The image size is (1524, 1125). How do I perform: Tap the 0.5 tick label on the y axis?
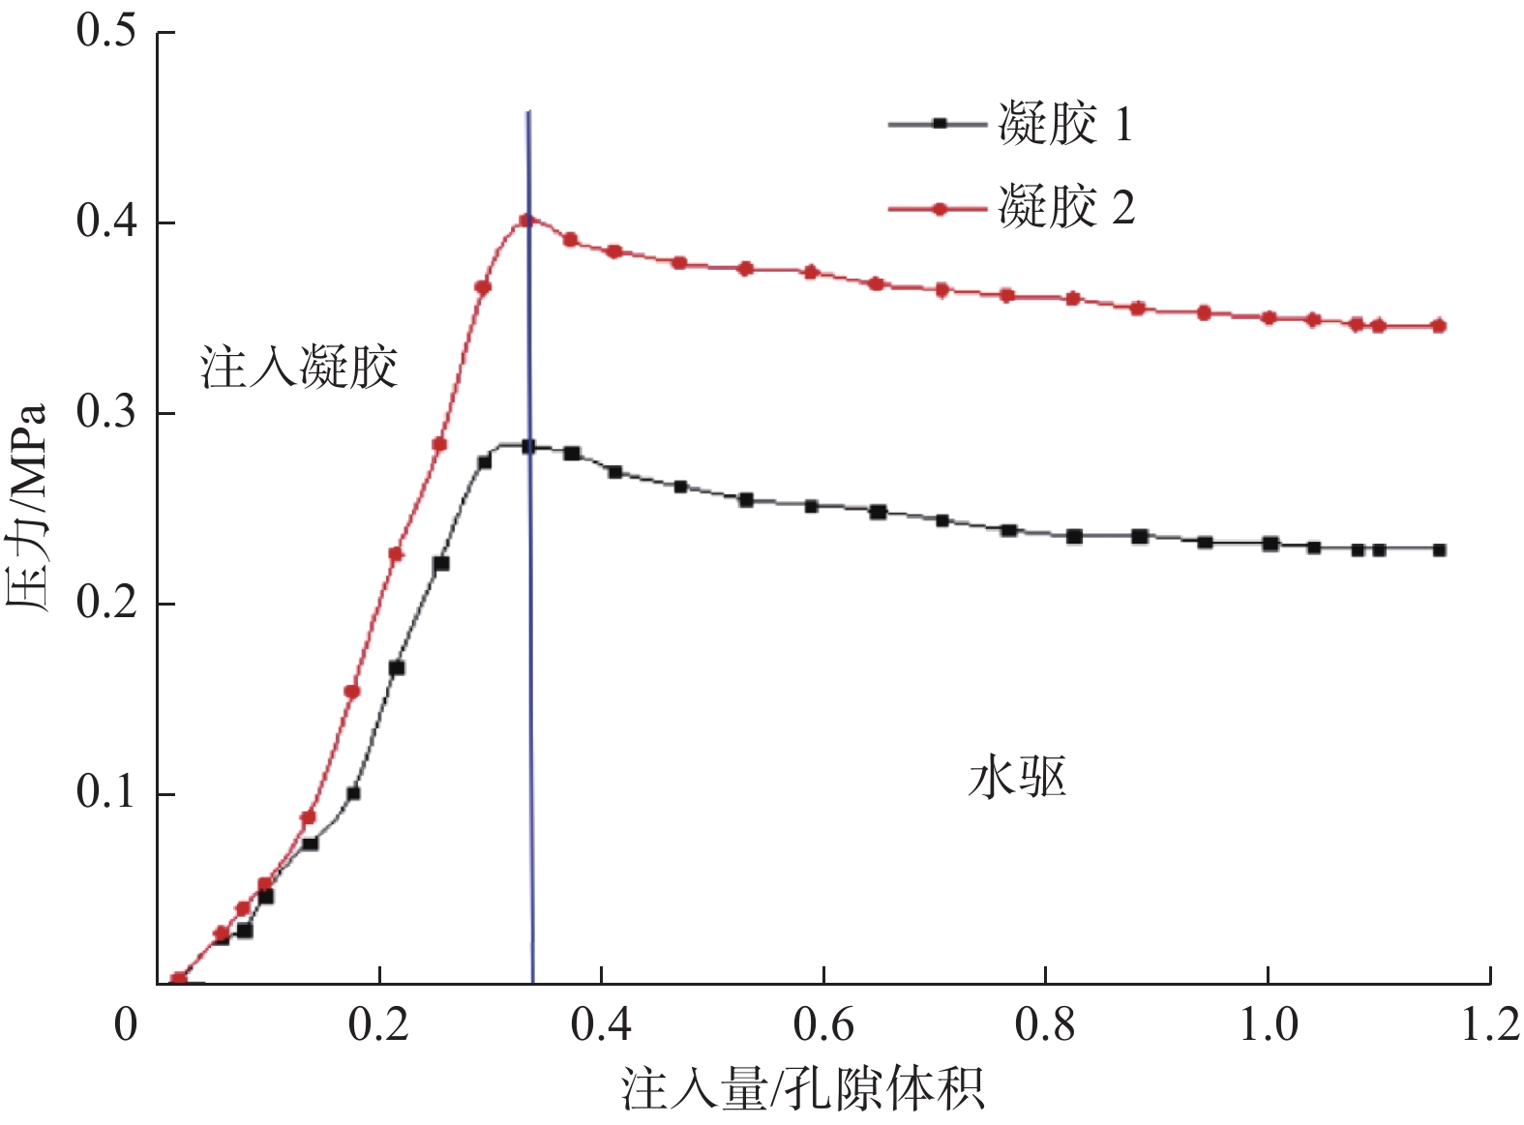click(x=106, y=31)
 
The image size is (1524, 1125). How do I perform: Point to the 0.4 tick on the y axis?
click(x=106, y=222)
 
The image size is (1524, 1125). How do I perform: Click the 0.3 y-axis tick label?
click(x=106, y=413)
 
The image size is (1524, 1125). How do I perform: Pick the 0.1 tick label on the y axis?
click(x=106, y=793)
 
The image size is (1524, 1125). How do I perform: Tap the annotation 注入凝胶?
click(x=299, y=368)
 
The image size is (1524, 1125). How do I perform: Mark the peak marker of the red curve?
click(x=525, y=221)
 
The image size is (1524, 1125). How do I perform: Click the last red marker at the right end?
click(x=1439, y=326)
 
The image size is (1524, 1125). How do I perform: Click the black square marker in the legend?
click(x=938, y=123)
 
